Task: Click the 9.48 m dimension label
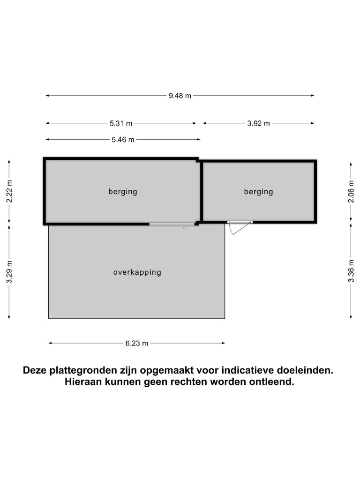click(180, 96)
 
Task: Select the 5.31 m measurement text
click(121, 123)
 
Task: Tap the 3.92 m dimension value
click(259, 123)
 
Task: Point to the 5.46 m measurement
click(123, 140)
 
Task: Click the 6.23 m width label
click(137, 343)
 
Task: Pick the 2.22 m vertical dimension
click(9, 191)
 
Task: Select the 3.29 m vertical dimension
click(9, 272)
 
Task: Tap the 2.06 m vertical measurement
click(351, 191)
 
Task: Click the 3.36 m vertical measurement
click(351, 271)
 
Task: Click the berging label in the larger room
click(123, 192)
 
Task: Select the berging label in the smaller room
click(258, 192)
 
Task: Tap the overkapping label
click(137, 272)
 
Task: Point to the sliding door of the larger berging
click(172, 225)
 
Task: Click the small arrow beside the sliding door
click(185, 228)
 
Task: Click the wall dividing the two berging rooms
click(202, 191)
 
